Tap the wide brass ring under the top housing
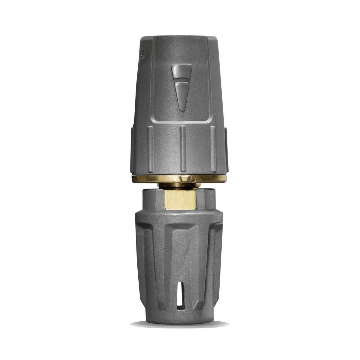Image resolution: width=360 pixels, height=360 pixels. [x=180, y=177]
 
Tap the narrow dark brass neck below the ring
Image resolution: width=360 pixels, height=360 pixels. [x=180, y=186]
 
